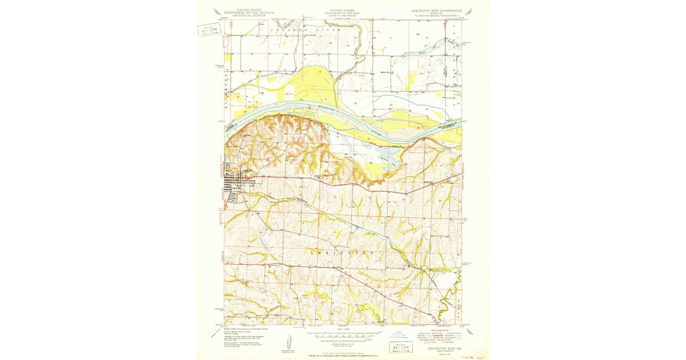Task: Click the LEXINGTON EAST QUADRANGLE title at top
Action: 436,10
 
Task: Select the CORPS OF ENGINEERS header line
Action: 342,17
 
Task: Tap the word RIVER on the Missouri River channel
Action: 376,133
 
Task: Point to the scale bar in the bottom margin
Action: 342,335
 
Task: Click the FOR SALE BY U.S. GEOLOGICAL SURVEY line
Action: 342,355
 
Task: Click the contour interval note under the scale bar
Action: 342,342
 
